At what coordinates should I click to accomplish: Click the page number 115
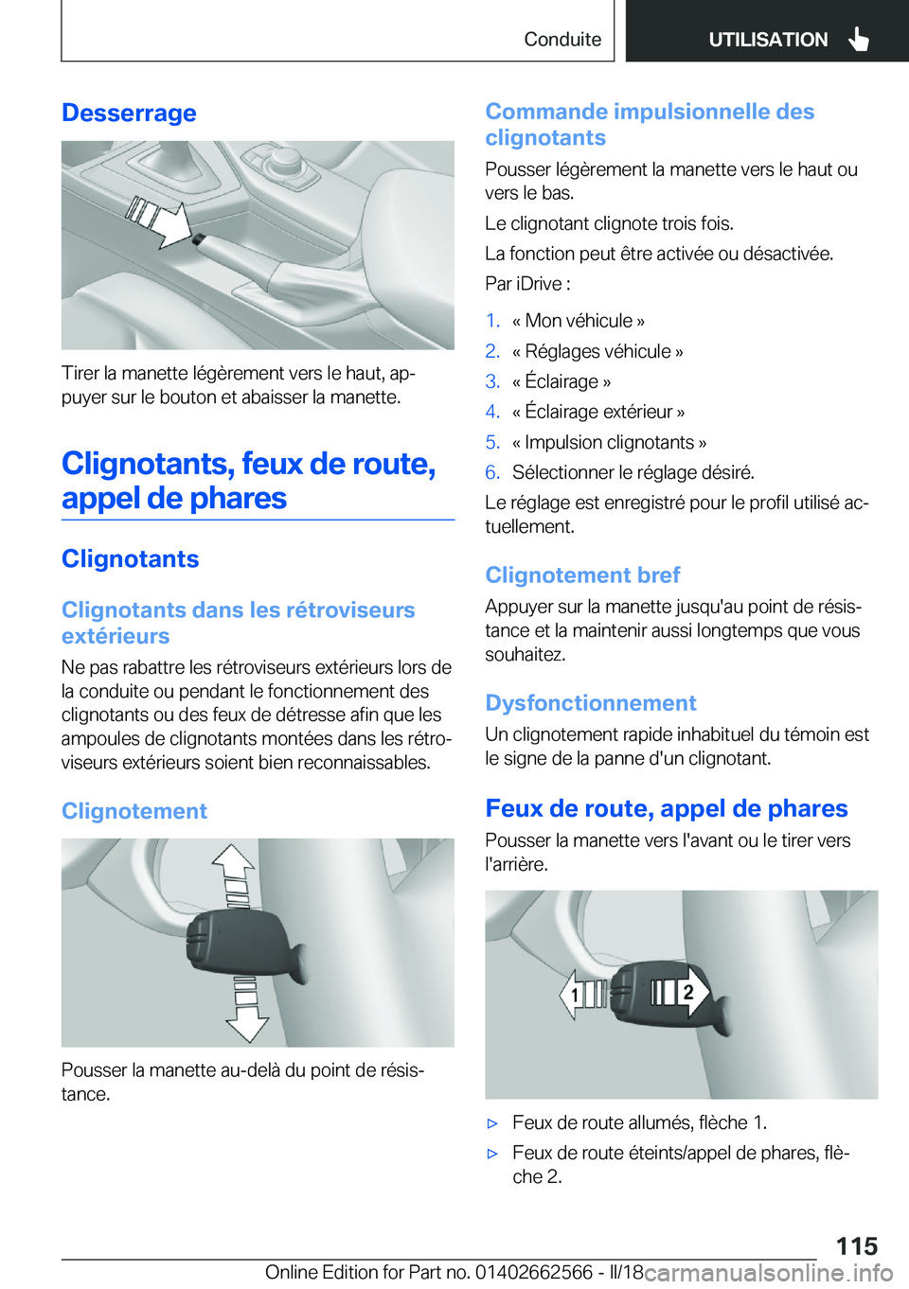click(x=856, y=1245)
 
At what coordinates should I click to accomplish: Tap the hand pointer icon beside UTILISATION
click(x=859, y=39)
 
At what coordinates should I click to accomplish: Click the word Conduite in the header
click(x=562, y=39)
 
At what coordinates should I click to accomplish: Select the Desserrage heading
click(x=129, y=113)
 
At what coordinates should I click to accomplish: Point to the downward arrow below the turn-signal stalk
click(x=246, y=1017)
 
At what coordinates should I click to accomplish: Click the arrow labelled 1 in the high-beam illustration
click(x=579, y=995)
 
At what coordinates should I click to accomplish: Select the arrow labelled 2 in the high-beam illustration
click(x=687, y=991)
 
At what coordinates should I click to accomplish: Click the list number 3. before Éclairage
click(x=492, y=381)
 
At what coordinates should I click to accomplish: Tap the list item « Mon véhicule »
click(x=578, y=321)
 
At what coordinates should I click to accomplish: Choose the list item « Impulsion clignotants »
click(x=609, y=442)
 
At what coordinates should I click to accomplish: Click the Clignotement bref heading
click(x=582, y=575)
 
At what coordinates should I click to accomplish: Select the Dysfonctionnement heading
click(x=590, y=703)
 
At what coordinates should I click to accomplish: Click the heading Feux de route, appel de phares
click(x=666, y=808)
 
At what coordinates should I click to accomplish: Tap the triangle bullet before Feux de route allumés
click(x=492, y=1123)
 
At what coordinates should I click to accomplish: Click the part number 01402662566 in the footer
click(x=533, y=1272)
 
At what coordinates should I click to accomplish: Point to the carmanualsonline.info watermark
click(x=768, y=1272)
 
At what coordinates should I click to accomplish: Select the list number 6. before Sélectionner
click(x=492, y=472)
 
